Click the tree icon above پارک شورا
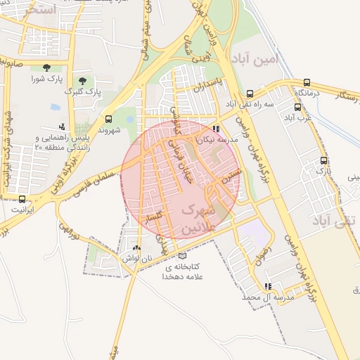point(46,67)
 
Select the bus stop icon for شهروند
point(108,119)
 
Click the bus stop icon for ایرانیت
point(22,199)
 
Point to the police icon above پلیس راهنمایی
point(62,127)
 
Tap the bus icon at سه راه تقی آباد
point(250,94)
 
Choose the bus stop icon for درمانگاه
point(308,83)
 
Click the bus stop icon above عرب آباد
point(298,108)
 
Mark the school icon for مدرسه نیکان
point(216,129)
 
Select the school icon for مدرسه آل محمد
point(268,286)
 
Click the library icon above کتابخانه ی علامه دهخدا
point(183,256)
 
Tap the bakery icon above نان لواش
point(136,248)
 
